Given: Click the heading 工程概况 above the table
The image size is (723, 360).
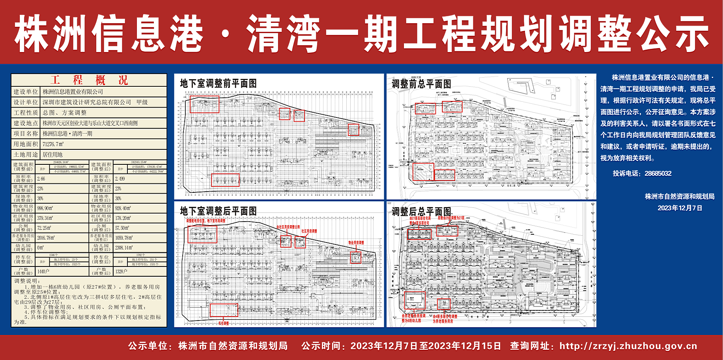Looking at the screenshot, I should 89,80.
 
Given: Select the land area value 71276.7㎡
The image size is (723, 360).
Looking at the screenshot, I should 53,144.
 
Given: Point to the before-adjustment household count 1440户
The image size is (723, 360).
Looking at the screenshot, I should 43,272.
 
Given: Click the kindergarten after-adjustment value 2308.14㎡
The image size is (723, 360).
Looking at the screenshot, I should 124,248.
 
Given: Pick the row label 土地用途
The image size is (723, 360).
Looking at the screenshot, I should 26,155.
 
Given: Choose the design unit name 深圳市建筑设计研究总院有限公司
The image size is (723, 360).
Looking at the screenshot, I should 87,102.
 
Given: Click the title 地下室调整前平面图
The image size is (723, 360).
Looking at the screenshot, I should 218,84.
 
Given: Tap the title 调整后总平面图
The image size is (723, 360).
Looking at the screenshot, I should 421,212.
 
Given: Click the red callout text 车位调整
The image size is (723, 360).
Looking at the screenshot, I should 223,323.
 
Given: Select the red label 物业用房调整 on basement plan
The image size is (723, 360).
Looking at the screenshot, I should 356,243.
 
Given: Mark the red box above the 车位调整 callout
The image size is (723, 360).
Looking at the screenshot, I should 224,310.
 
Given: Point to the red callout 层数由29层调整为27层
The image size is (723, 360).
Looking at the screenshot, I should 451,218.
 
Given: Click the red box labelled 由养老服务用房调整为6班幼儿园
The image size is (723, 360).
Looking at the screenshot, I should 415,300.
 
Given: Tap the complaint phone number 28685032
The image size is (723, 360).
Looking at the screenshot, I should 658,173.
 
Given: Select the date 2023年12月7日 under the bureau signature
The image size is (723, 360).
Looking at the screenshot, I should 680,208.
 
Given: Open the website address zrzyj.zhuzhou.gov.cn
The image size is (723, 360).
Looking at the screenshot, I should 628,346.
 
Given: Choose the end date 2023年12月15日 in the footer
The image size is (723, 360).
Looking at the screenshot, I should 465,346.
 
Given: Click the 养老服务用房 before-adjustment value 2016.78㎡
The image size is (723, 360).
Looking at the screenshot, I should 46,238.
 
